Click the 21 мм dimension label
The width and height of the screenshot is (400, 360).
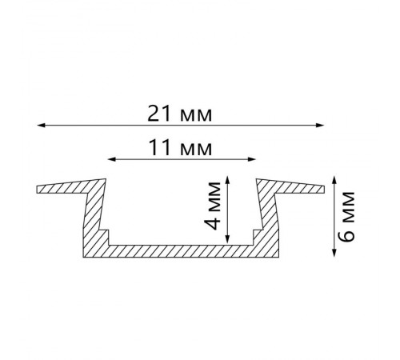(180, 114)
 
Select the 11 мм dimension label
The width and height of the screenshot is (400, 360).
(180, 148)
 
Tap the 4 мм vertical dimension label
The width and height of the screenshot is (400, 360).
(214, 206)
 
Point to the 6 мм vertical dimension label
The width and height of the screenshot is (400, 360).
(347, 217)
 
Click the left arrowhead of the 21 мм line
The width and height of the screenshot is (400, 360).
(41, 125)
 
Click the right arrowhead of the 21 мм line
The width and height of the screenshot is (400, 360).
(320, 125)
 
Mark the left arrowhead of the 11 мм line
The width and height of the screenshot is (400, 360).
(112, 159)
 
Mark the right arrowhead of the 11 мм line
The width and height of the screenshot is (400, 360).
(252, 159)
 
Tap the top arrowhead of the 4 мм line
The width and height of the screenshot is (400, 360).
(227, 179)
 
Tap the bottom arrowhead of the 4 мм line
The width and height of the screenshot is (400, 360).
(227, 239)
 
